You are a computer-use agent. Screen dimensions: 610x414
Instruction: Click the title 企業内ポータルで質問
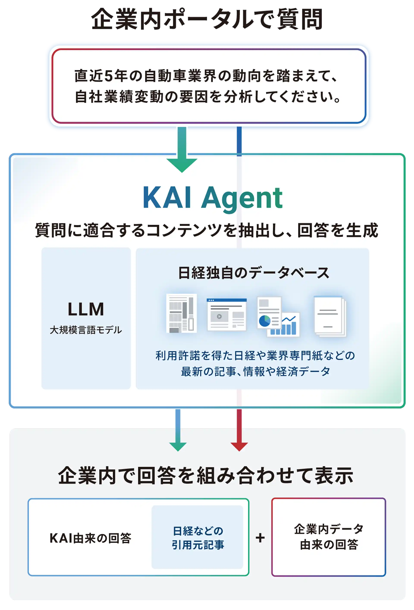(x=207, y=19)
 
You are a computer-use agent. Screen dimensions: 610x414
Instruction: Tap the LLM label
(x=86, y=309)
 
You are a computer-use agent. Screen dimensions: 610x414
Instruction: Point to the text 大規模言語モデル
(x=86, y=330)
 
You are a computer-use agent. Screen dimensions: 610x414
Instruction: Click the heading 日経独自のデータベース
(x=254, y=273)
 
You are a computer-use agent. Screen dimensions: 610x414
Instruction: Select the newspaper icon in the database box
(x=182, y=313)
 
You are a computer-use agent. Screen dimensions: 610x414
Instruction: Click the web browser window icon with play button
(x=226, y=314)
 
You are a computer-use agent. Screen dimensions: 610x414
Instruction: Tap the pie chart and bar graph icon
(x=278, y=317)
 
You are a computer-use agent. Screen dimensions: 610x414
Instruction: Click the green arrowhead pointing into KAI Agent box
(x=182, y=165)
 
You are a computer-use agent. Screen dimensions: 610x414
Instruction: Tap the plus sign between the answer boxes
(x=260, y=538)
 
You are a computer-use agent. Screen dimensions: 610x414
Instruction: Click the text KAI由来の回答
(x=90, y=538)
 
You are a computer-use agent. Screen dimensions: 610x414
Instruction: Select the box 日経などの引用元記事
(x=198, y=538)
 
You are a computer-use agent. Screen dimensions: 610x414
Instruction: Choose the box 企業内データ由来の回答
(x=329, y=537)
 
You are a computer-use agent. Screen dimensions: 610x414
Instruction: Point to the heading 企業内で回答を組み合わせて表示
(x=206, y=476)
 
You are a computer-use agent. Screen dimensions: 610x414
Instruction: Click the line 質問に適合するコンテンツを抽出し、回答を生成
(x=207, y=231)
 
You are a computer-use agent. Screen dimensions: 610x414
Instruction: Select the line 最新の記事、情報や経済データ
(x=255, y=372)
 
